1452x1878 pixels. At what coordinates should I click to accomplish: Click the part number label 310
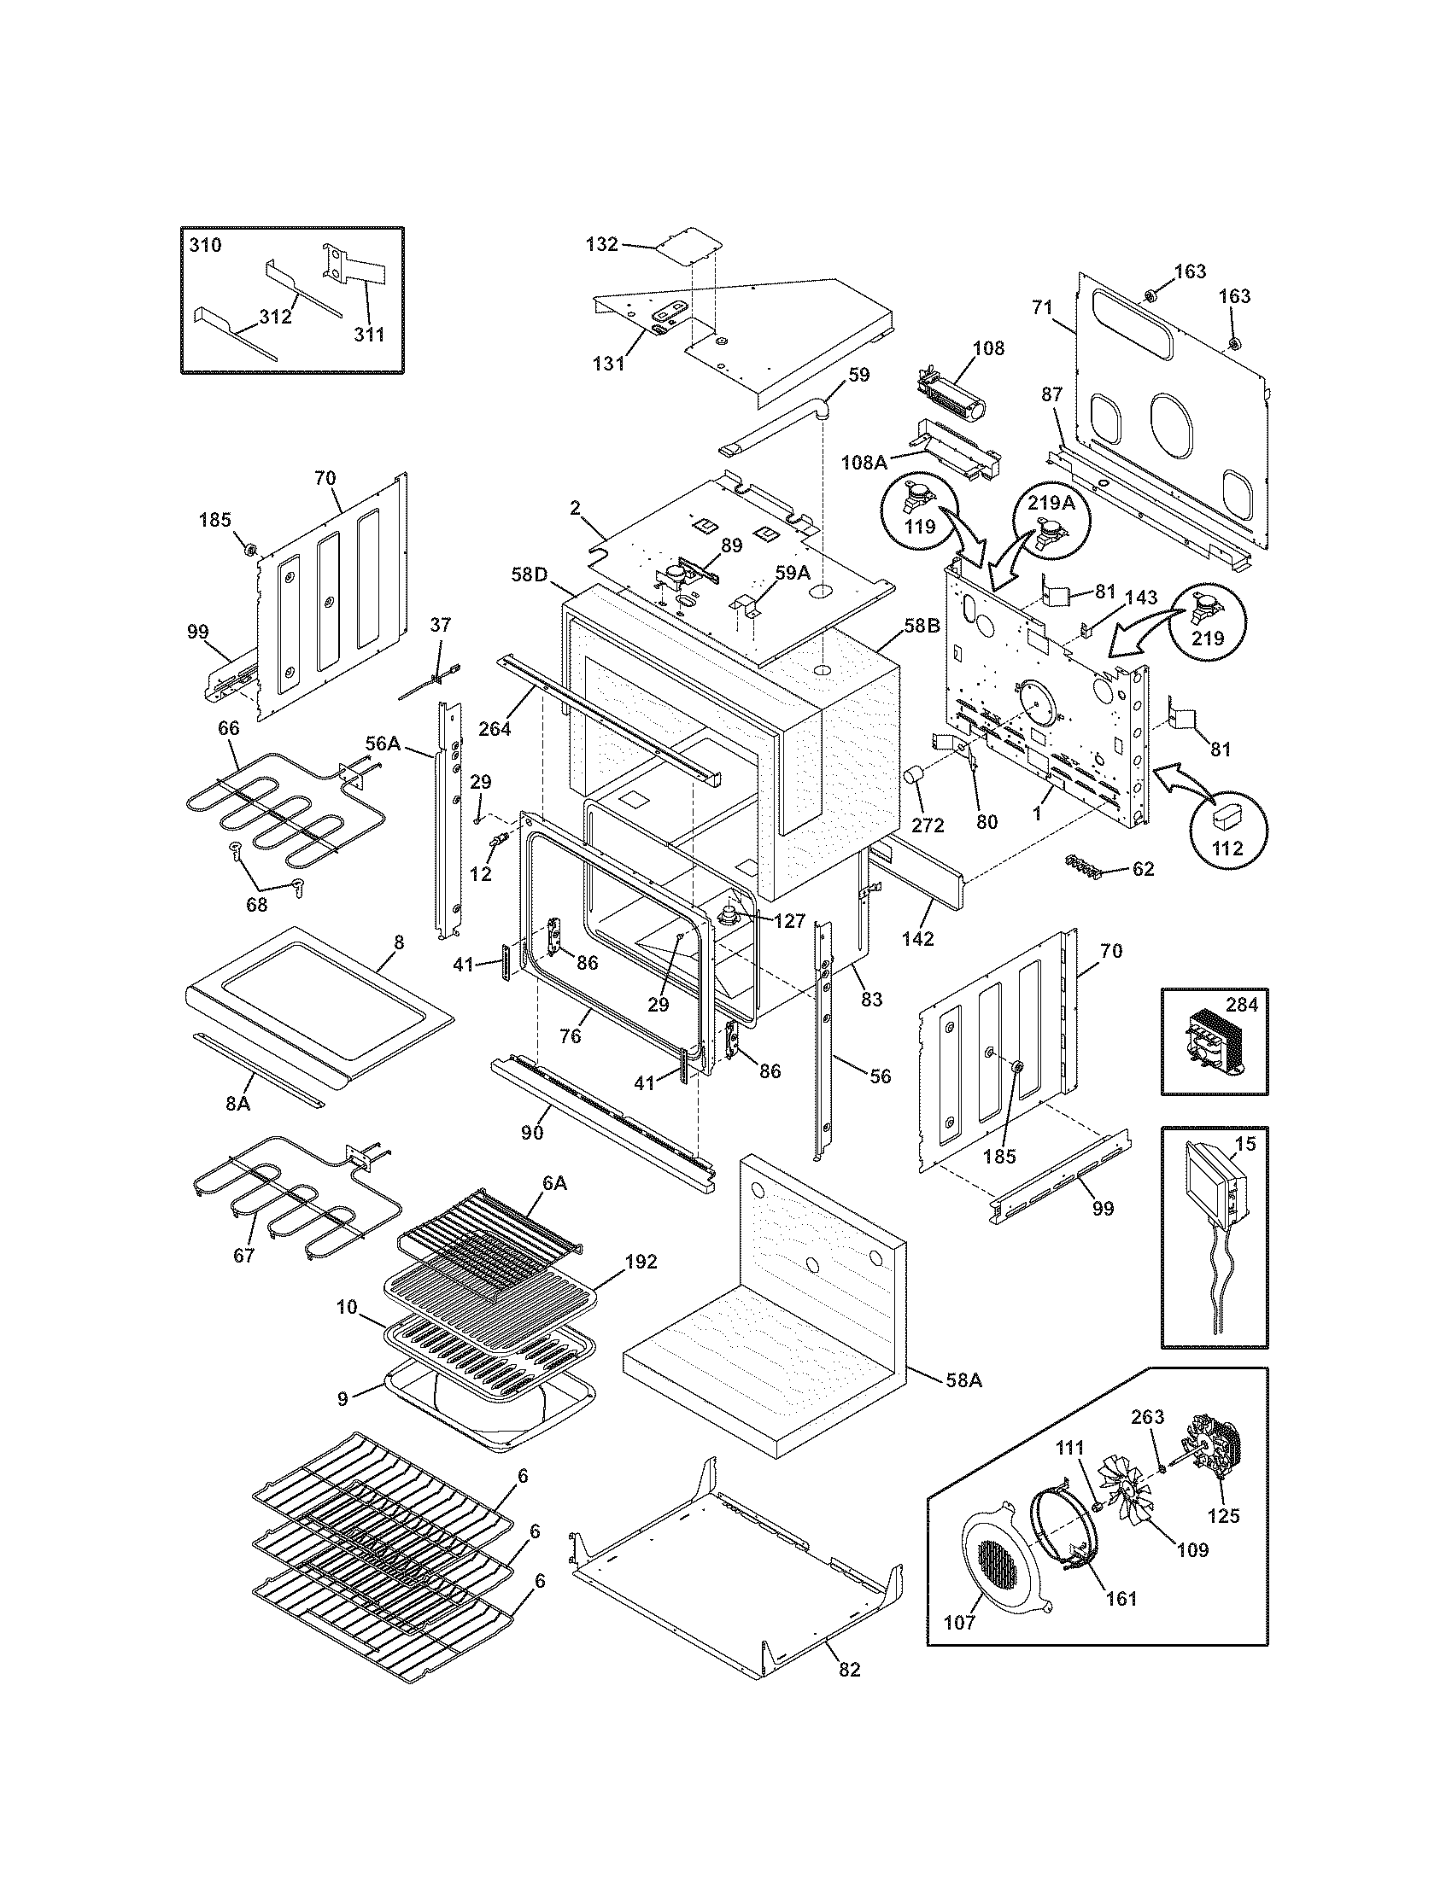205,245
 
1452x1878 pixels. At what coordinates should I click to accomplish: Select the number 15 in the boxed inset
1245,1144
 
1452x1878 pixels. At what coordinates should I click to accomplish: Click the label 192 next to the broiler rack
641,1262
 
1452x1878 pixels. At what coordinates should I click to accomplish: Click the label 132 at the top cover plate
601,244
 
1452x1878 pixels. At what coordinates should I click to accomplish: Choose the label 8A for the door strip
237,1103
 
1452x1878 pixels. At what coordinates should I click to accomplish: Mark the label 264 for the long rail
495,728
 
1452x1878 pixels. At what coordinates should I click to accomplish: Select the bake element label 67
244,1255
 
